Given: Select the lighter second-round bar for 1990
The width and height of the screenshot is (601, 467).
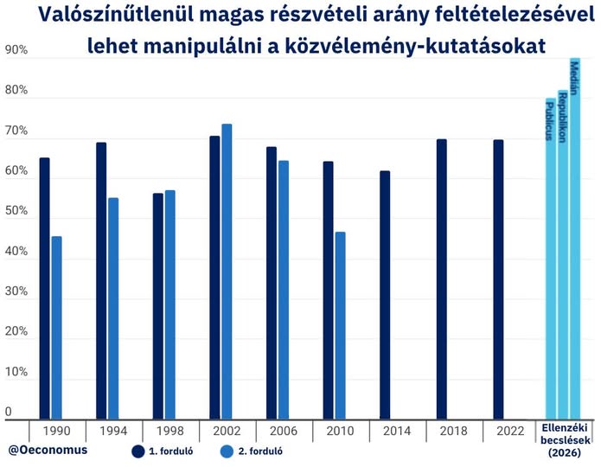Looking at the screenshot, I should point(57,328).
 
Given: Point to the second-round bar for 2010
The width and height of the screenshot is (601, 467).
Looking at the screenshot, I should point(340,325).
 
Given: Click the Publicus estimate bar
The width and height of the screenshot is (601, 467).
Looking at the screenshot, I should point(550,259).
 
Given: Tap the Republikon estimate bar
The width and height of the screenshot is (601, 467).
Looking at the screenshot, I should point(563,254).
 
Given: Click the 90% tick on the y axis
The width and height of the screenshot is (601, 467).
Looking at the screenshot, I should point(16,51).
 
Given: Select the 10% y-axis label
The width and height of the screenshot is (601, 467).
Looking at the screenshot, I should point(16,374).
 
